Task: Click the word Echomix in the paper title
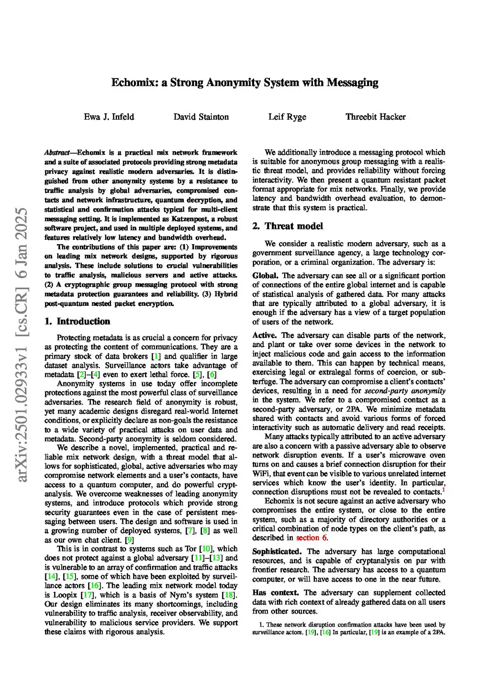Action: [x=131, y=83]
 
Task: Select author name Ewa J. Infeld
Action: [x=109, y=117]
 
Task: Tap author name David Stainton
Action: [x=201, y=117]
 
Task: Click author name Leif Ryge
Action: [x=287, y=117]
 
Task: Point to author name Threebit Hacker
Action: [x=376, y=117]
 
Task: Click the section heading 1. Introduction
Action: [x=77, y=322]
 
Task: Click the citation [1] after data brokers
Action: [x=156, y=356]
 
